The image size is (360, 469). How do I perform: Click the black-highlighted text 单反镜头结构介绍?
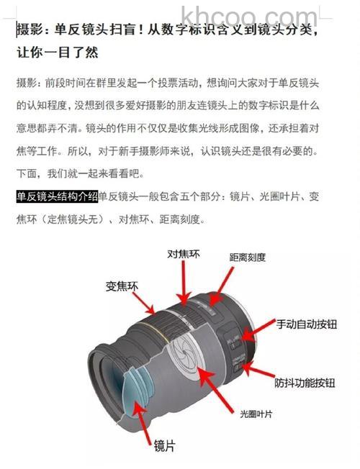[57, 196]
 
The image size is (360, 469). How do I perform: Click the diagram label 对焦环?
[183, 255]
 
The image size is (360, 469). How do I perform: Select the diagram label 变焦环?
[122, 286]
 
